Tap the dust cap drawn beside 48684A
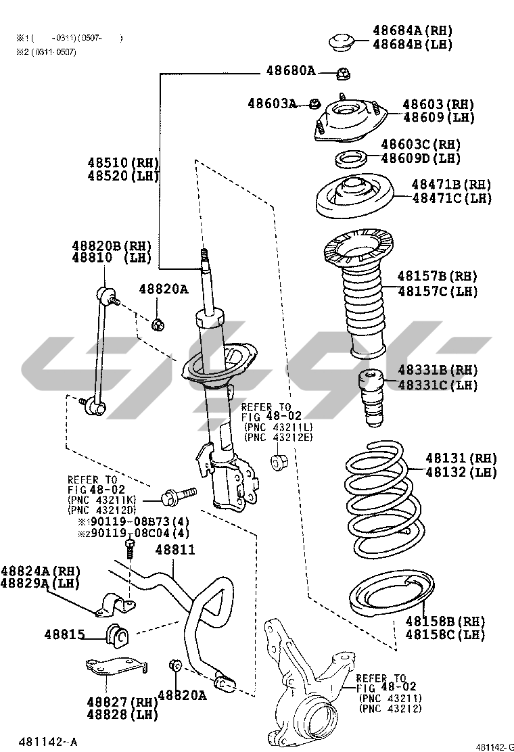click(344, 42)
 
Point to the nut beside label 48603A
click(314, 103)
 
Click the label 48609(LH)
click(438, 118)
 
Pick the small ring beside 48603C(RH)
click(351, 160)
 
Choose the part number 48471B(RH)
click(452, 185)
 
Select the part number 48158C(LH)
click(445, 635)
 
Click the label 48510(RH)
click(122, 163)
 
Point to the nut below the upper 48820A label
click(157, 323)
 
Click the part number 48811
click(175, 550)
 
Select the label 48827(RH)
click(122, 702)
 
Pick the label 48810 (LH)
click(111, 258)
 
